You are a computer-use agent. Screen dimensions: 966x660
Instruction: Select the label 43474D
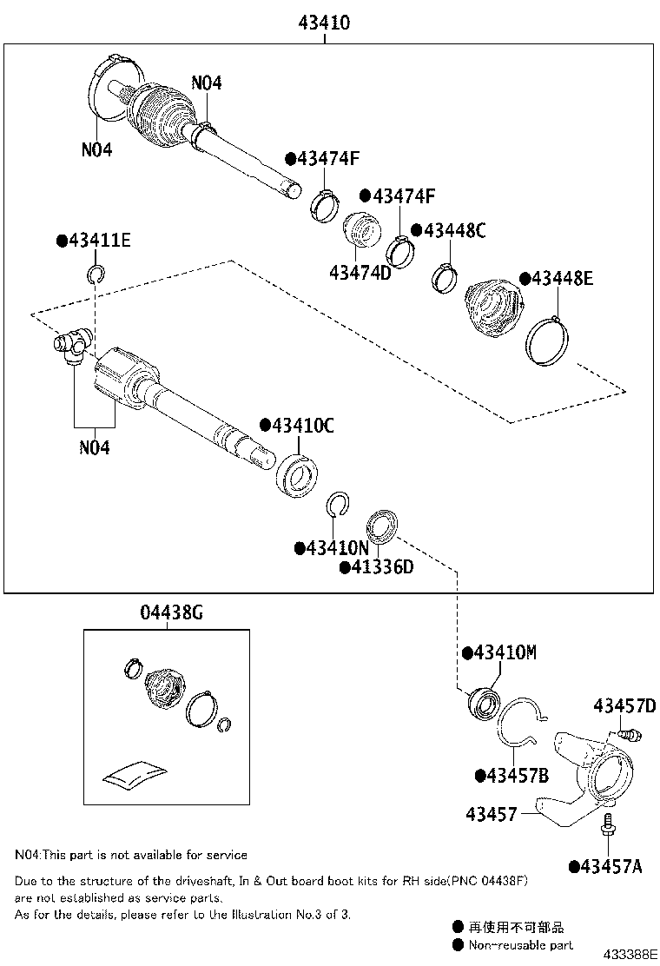click(x=360, y=273)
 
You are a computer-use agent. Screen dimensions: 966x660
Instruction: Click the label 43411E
click(x=94, y=241)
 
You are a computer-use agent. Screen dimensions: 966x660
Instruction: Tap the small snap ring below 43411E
click(x=96, y=277)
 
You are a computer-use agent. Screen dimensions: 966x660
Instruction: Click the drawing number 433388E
click(x=631, y=954)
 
